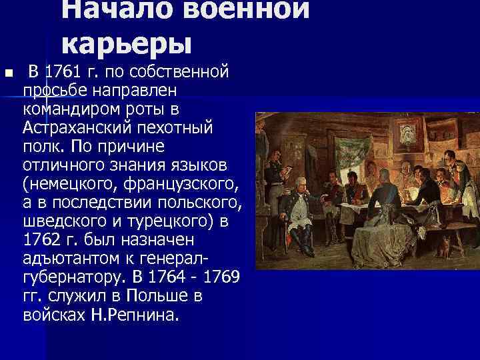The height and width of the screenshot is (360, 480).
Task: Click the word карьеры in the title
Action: click(x=127, y=41)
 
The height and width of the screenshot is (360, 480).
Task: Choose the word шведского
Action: click(x=58, y=220)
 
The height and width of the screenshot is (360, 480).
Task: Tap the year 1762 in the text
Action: click(x=42, y=239)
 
